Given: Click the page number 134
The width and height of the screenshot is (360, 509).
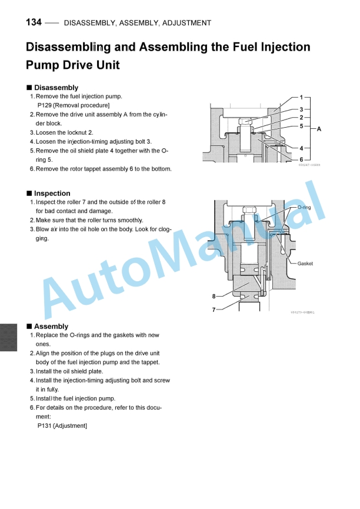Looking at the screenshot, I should pos(34,22).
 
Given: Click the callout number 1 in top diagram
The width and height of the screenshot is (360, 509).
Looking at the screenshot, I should pos(301,97).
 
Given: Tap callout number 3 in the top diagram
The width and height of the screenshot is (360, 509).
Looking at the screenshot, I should pos(301,109).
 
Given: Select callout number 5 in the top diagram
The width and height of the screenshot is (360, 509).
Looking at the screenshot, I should pos(301,125).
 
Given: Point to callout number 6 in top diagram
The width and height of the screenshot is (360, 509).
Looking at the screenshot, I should pos(301,159).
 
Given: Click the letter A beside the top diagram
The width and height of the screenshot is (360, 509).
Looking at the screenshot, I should pos(319,128).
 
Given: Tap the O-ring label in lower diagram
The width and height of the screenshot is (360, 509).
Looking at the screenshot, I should pos(304,208).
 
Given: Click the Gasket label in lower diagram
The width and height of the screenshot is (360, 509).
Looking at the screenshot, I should pos(305,264).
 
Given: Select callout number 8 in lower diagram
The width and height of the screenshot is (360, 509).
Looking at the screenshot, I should pos(214,296).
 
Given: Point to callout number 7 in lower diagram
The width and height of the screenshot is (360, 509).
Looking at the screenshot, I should pos(214,308).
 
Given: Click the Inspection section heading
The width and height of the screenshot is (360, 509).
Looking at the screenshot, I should pos(52,193).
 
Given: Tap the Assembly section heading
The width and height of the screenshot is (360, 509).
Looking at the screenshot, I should pos(51,326).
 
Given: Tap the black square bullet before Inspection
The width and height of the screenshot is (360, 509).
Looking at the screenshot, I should pos(29,193).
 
